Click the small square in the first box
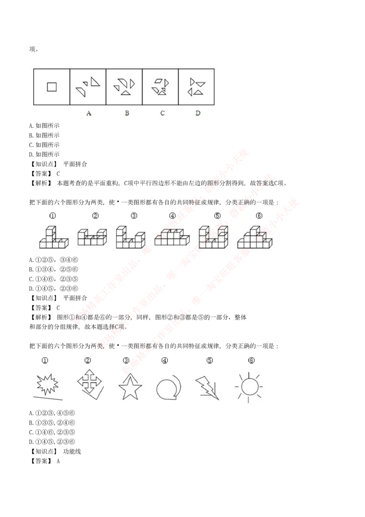click(x=52, y=86)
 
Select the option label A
click(x=89, y=113)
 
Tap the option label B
click(x=126, y=113)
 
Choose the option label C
click(x=162, y=113)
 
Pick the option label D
click(x=198, y=113)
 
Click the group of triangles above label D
click(x=197, y=87)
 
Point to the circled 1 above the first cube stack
click(x=53, y=216)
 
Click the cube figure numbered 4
click(x=171, y=237)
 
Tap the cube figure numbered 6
click(x=255, y=237)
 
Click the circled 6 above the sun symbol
click(x=251, y=360)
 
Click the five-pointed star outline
click(x=130, y=387)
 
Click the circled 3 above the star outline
click(x=126, y=360)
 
